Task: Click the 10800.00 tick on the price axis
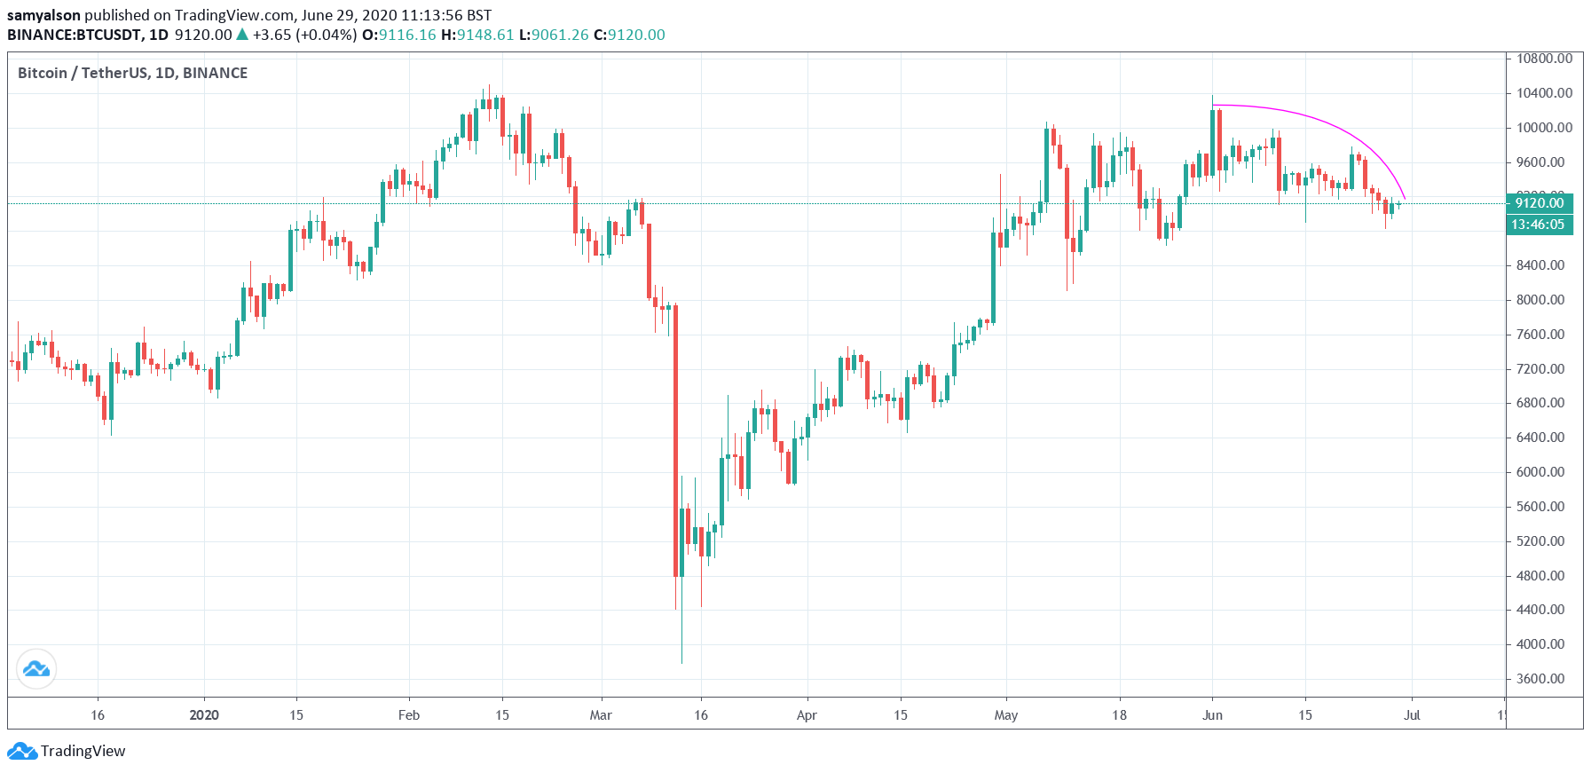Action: click(1543, 59)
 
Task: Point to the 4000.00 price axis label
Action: click(1540, 644)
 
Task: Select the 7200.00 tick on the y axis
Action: click(1540, 369)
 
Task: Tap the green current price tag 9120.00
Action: click(1539, 203)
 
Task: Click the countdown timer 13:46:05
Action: click(1538, 225)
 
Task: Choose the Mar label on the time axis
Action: click(601, 715)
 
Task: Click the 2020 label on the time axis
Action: click(204, 715)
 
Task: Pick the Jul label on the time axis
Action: click(1412, 715)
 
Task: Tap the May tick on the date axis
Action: click(1005, 715)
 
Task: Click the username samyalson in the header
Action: click(43, 15)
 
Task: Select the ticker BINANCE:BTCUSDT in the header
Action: click(75, 35)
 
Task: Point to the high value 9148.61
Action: click(485, 35)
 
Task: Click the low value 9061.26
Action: click(560, 35)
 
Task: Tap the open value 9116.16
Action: click(407, 35)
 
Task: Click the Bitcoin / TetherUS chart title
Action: click(132, 73)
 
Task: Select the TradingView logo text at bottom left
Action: click(83, 751)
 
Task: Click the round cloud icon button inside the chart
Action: click(36, 668)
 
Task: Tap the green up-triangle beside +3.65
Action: click(242, 35)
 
